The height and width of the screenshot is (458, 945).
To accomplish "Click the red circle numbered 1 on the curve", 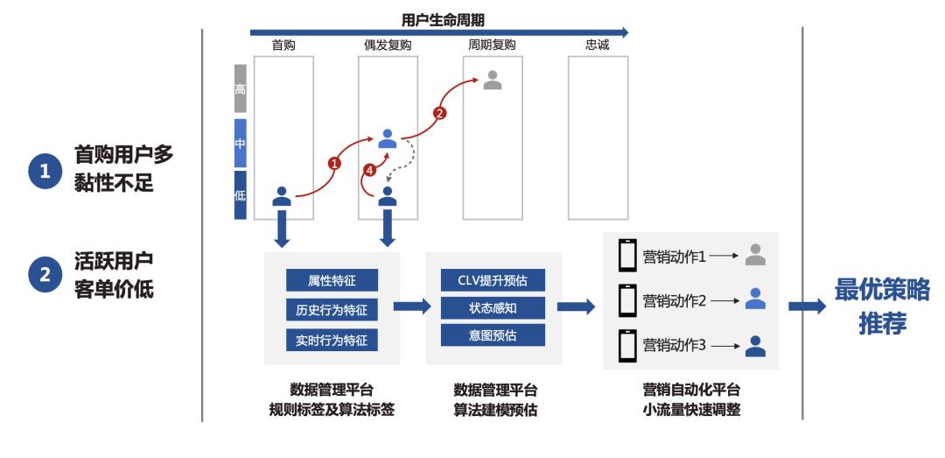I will point(333,162).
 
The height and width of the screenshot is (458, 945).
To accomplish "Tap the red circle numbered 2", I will point(440,113).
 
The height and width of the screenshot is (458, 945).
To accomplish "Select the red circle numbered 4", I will point(369,171).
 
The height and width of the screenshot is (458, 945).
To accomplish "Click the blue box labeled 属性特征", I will point(332,280).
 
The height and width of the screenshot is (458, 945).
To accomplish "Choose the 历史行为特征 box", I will point(332,309).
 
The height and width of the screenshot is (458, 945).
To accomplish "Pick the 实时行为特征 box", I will point(332,339).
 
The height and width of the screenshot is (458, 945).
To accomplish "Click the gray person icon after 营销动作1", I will point(755,255).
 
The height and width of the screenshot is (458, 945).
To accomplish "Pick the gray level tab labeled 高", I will point(240,88).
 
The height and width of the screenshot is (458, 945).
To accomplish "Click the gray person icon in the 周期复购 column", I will point(493,80).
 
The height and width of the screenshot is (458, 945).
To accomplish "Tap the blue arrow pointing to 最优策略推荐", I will point(807,307).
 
